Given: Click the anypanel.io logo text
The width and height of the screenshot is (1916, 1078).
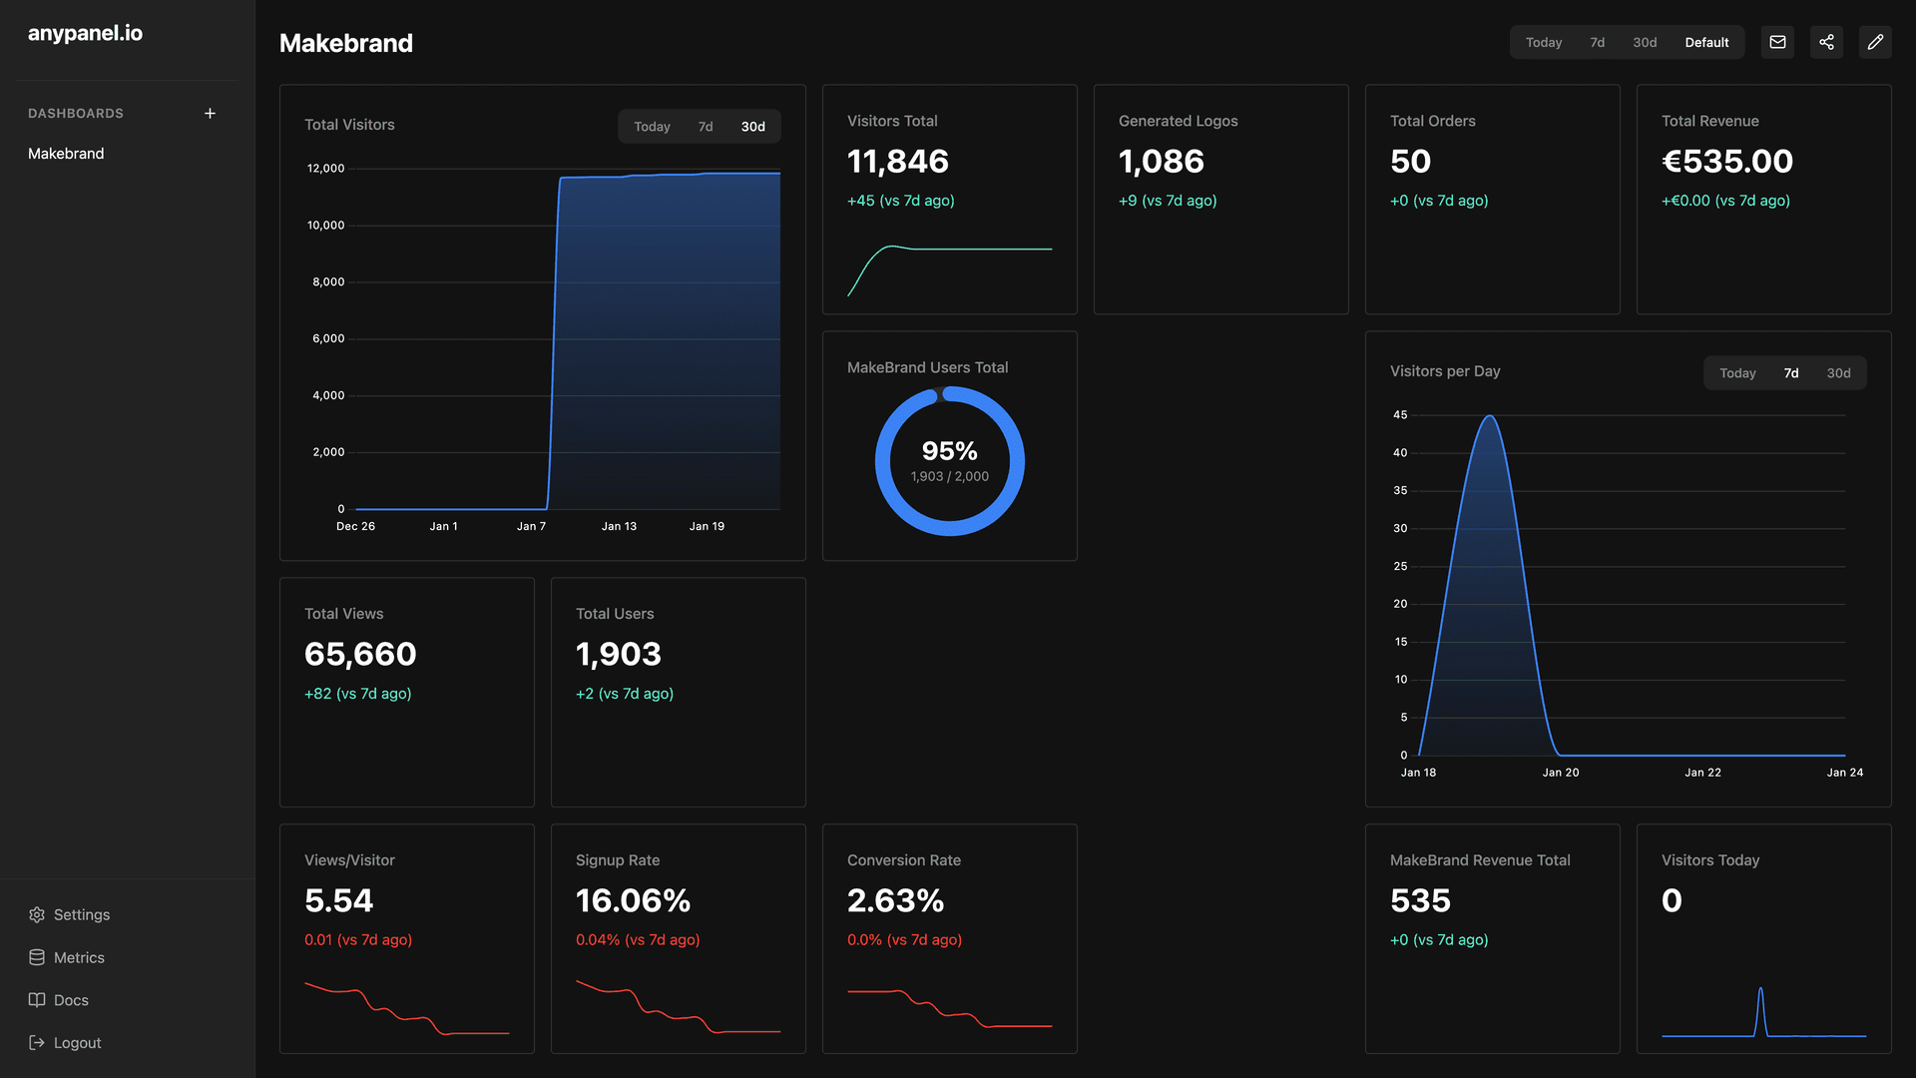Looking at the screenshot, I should click(85, 33).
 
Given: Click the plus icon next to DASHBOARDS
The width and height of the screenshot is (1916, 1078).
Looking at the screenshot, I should click(210, 114).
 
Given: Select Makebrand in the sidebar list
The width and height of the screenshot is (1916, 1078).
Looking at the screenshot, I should click(66, 154).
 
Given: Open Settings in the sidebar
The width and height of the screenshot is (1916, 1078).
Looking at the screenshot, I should click(81, 914).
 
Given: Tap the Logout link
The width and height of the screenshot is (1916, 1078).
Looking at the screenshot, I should click(77, 1042).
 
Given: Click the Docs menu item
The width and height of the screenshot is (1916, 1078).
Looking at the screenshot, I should click(70, 999).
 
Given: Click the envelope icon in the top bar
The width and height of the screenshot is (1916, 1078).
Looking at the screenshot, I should click(1777, 42).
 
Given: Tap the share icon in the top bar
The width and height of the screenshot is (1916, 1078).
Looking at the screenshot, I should click(1826, 42).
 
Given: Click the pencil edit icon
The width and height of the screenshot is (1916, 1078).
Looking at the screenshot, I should click(1875, 42).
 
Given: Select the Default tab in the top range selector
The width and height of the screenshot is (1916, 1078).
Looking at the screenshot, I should click(1706, 42).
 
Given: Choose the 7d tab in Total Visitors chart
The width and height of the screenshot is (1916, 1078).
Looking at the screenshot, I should click(706, 127).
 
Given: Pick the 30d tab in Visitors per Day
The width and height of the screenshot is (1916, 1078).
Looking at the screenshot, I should click(1838, 373).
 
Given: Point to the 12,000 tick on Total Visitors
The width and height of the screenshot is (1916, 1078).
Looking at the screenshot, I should click(325, 169).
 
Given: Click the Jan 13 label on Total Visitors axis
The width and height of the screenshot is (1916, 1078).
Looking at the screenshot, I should click(619, 526).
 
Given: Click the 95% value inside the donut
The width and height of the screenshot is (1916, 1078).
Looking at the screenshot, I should click(949, 451).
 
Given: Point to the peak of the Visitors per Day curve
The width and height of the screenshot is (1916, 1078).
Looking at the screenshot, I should click(1489, 417).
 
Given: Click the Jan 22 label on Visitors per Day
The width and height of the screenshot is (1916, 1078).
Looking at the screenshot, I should click(1702, 773).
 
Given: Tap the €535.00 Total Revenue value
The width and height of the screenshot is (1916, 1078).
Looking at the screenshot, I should click(1726, 162).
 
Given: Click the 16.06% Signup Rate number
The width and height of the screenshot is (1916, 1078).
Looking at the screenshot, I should click(633, 901).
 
